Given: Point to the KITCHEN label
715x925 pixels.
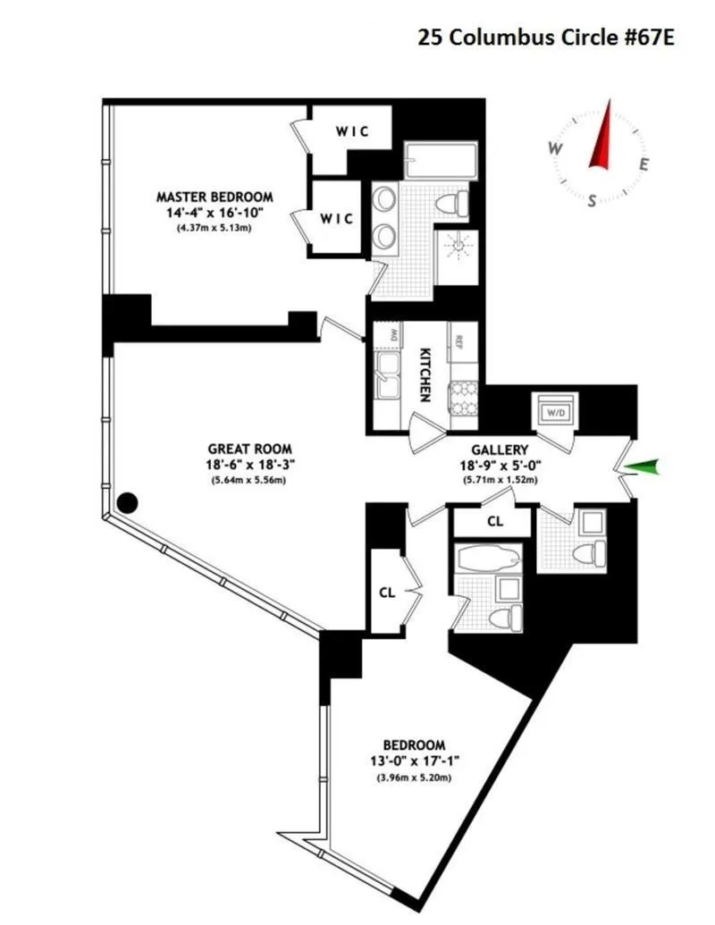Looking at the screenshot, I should pos(426,374).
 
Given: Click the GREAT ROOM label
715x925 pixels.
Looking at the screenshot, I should pos(249,449).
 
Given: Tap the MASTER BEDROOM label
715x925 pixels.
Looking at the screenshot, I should pos(214,197).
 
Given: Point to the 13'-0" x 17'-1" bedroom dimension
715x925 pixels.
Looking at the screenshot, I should pos(414,761).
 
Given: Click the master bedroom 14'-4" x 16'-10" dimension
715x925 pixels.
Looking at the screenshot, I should pos(214,212).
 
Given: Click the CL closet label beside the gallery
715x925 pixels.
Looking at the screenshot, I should pos(494,519).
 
